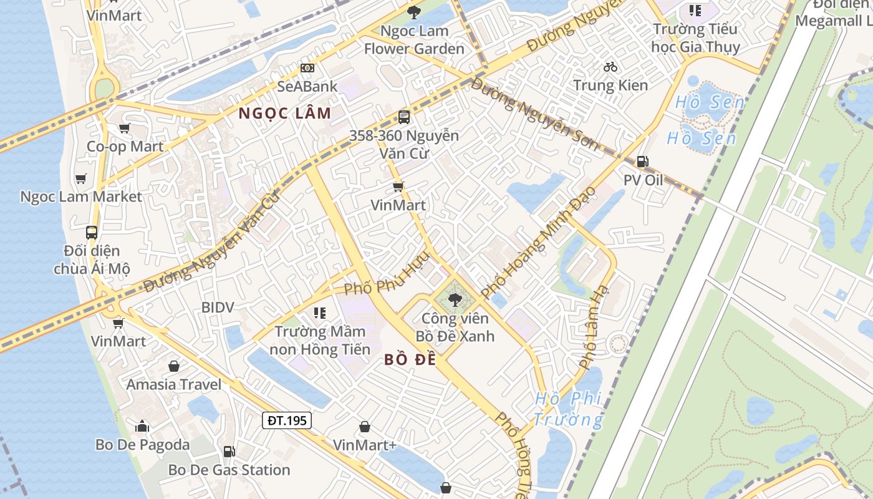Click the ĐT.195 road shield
(287, 420)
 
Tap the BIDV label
(217, 307)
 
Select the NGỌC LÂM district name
(285, 114)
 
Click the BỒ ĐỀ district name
(410, 360)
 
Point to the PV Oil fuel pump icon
(642, 162)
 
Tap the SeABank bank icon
(307, 67)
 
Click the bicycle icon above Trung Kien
(610, 66)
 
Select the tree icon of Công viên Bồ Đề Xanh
(455, 300)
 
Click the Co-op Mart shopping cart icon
(124, 128)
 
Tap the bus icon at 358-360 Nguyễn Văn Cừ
(404, 117)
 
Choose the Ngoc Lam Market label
(81, 196)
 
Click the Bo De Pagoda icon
(142, 427)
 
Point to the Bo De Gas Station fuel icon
(229, 452)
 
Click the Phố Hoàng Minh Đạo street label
(539, 242)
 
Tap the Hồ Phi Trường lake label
(569, 409)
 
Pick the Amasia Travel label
(174, 384)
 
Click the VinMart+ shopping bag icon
(365, 427)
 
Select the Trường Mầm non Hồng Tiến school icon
(320, 312)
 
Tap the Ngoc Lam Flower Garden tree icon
(413, 11)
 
